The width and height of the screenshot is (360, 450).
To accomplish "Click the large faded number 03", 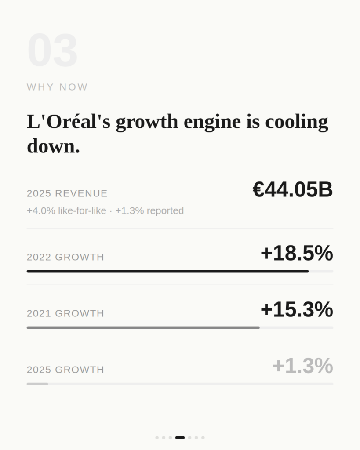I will [52, 51].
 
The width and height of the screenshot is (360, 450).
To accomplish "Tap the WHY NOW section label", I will [57, 87].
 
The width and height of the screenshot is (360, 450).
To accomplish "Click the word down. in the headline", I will [53, 146].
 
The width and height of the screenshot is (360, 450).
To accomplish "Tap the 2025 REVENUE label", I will [67, 193].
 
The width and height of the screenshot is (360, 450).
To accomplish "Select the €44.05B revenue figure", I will [292, 190].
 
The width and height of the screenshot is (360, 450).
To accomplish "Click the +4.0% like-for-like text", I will [66, 211].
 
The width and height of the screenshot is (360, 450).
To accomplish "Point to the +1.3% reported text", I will [149, 211].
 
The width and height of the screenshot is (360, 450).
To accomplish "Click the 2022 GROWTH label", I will [65, 257].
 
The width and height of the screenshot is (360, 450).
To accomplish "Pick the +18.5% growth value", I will [296, 254].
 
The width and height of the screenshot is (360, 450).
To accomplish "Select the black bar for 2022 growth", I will [167, 271].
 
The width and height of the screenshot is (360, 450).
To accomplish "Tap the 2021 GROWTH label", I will [65, 313].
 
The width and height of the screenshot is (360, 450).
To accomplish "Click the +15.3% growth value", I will [296, 310].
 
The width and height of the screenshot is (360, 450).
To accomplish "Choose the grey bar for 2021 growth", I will [143, 327].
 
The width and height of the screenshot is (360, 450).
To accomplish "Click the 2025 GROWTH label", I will [65, 370].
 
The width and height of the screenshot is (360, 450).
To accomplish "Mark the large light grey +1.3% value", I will [302, 366].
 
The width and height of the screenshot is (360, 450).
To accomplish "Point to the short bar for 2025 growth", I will [37, 384].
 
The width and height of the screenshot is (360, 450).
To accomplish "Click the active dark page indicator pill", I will [180, 438].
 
